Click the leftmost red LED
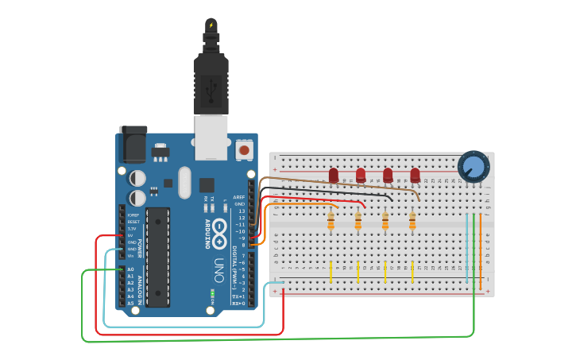pyautogui.click(x=334, y=175)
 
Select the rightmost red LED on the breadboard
pyautogui.click(x=415, y=175)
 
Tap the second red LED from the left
pyautogui.click(x=361, y=175)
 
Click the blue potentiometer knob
pyautogui.click(x=474, y=166)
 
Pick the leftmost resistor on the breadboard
pyautogui.click(x=331, y=221)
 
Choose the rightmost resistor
pyautogui.click(x=412, y=221)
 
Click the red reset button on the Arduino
pyautogui.click(x=245, y=149)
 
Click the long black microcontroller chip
pyautogui.click(x=158, y=257)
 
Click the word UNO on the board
pyautogui.click(x=218, y=266)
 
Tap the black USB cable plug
pyautogui.click(x=211, y=83)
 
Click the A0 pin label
pyautogui.click(x=130, y=269)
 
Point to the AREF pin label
pyautogui.click(x=239, y=197)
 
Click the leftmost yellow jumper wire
pyautogui.click(x=331, y=272)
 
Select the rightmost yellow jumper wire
pyautogui.click(x=412, y=272)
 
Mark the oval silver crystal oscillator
pyautogui.click(x=185, y=182)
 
